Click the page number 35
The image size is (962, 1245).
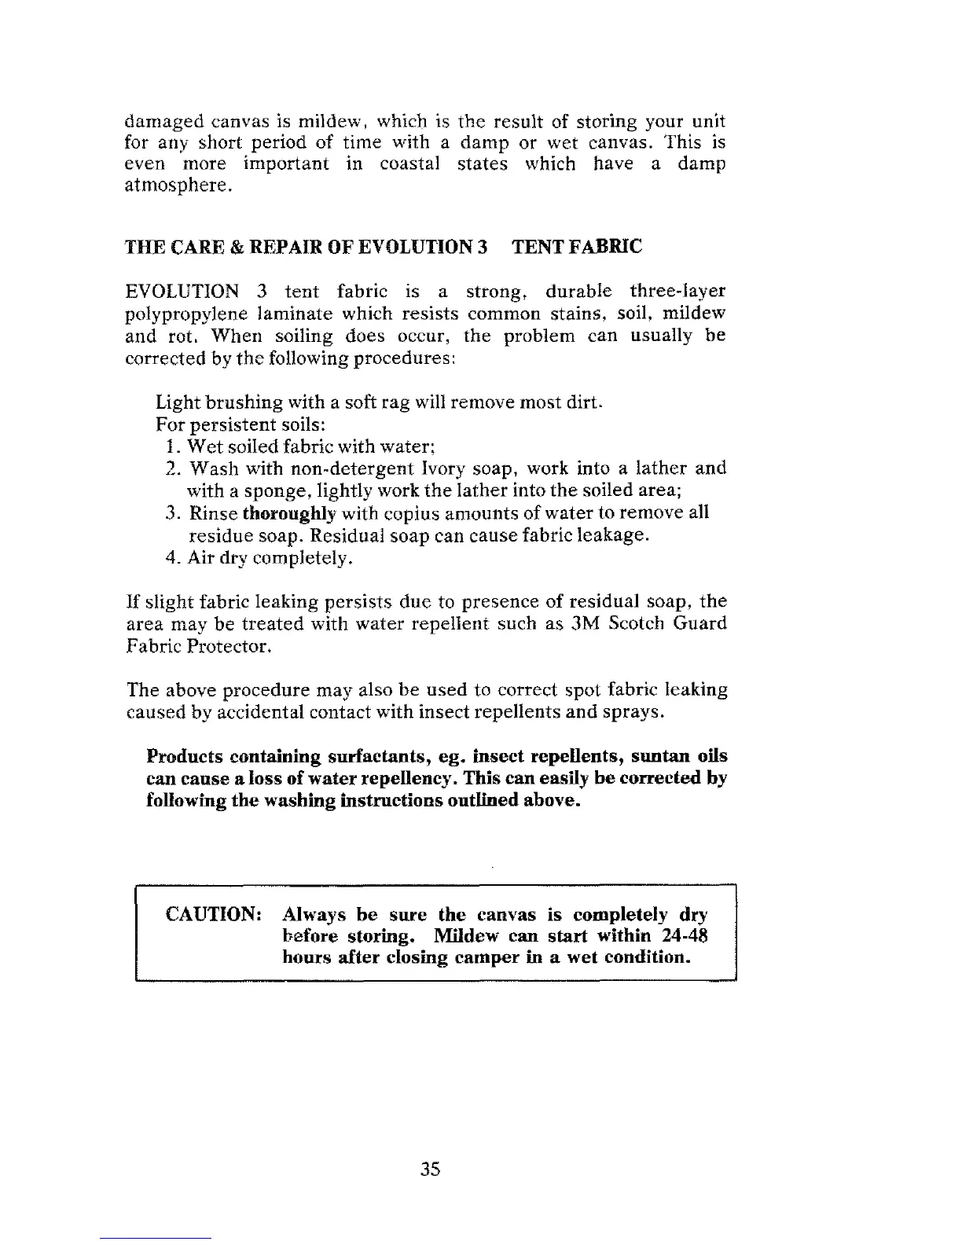[430, 1170]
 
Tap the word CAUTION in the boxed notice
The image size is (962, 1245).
[214, 916]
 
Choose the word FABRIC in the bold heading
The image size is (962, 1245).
[603, 247]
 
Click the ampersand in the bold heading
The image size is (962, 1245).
[235, 247]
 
